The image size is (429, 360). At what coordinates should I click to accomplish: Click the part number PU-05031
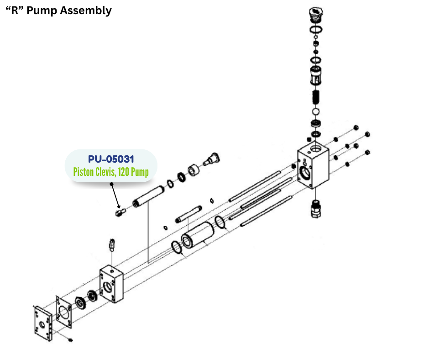point(111,159)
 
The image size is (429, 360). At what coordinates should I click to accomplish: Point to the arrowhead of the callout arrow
point(120,208)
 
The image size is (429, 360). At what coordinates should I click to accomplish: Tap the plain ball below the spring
point(315,112)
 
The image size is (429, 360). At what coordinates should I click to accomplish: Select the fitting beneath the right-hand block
point(315,209)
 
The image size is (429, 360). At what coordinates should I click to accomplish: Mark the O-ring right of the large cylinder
point(220,222)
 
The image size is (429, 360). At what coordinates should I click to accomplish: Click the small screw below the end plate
point(71,340)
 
